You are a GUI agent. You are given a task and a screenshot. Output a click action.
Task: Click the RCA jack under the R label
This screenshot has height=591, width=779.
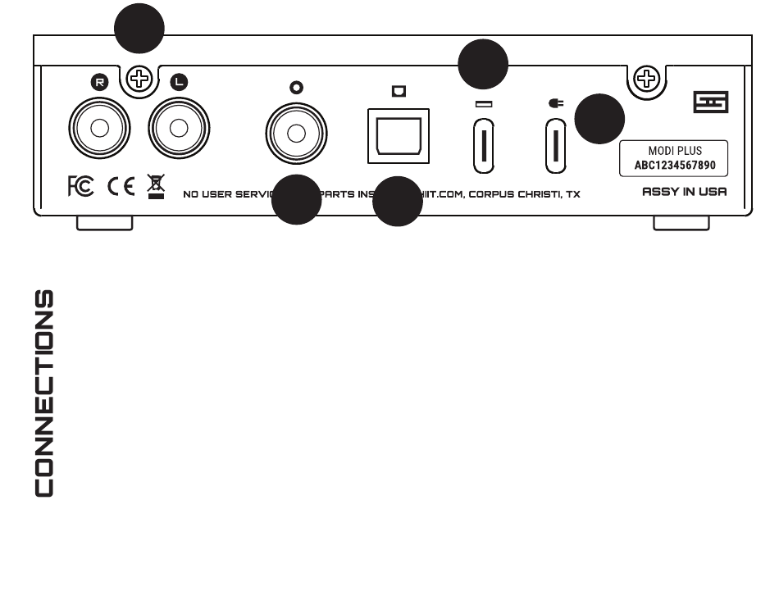pyautogui.click(x=100, y=129)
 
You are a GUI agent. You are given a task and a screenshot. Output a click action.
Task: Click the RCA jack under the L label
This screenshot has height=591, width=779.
pyautogui.click(x=180, y=129)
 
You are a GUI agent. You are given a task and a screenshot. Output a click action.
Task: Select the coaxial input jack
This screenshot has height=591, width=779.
pyautogui.click(x=296, y=134)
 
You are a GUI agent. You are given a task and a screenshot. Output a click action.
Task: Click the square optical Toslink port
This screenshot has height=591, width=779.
pyautogui.click(x=399, y=134)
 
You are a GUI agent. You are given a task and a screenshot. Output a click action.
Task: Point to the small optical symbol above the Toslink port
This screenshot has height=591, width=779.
pyautogui.click(x=399, y=90)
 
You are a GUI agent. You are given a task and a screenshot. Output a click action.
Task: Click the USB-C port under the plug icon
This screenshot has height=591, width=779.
pyautogui.click(x=557, y=144)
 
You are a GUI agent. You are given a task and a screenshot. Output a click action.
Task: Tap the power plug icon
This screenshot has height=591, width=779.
pyautogui.click(x=556, y=104)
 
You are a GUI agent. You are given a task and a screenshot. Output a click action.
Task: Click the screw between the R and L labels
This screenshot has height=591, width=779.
pyautogui.click(x=141, y=80)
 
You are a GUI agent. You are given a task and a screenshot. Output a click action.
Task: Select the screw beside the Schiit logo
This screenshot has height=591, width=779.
pyautogui.click(x=648, y=80)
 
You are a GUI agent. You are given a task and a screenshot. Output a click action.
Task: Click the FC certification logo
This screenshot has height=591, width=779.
pyautogui.click(x=80, y=186)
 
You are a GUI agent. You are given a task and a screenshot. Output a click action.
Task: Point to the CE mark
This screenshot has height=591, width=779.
pyautogui.click(x=121, y=186)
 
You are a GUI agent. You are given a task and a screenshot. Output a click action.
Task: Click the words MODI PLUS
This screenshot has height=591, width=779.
pyautogui.click(x=675, y=151)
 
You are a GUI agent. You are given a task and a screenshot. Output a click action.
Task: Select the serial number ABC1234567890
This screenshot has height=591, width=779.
pyautogui.click(x=675, y=164)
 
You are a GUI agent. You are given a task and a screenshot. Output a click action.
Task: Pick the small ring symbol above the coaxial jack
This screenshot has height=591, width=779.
pyautogui.click(x=297, y=87)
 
